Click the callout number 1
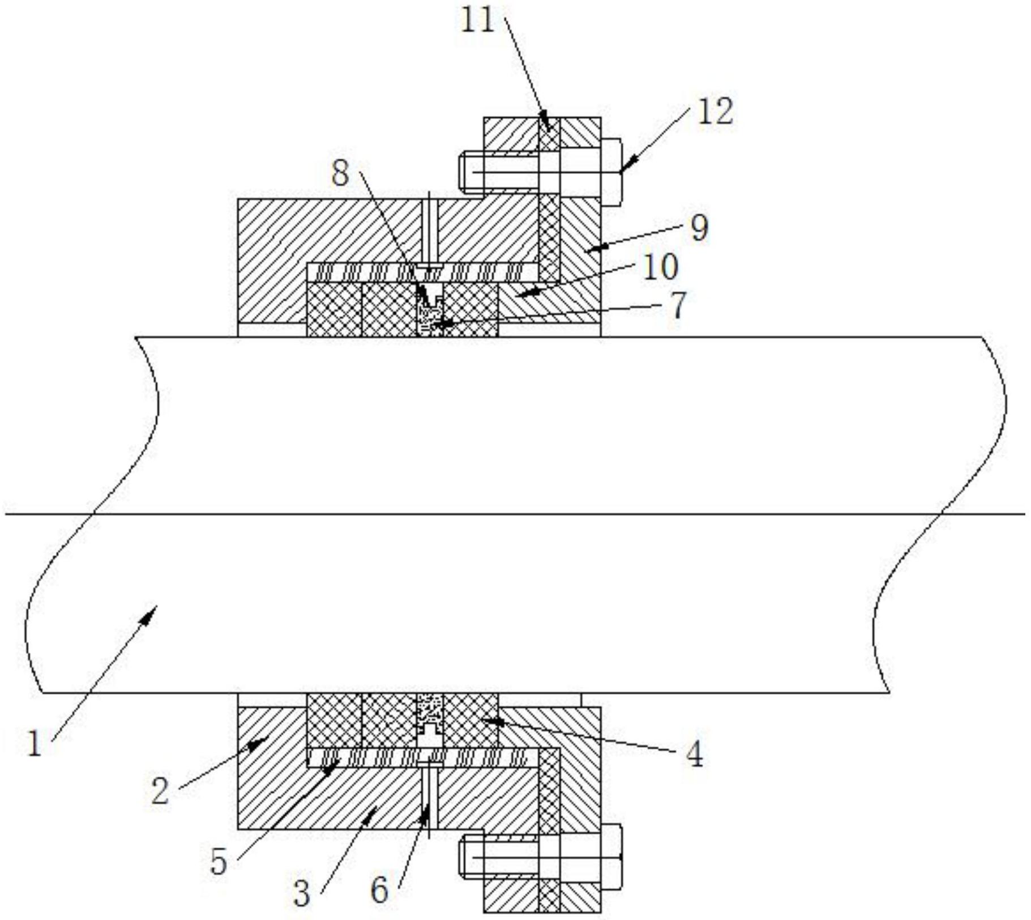point(35,743)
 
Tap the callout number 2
point(160,790)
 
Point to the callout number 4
point(694,755)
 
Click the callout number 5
point(219,862)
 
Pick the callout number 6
point(379,889)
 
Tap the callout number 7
point(678,306)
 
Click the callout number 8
point(340,173)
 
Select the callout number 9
point(699,229)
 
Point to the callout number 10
point(660,267)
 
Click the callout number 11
point(477,21)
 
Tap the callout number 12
point(715,111)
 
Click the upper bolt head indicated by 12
point(611,172)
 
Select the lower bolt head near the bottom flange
point(611,857)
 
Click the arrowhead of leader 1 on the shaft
point(149,614)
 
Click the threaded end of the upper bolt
point(471,172)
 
